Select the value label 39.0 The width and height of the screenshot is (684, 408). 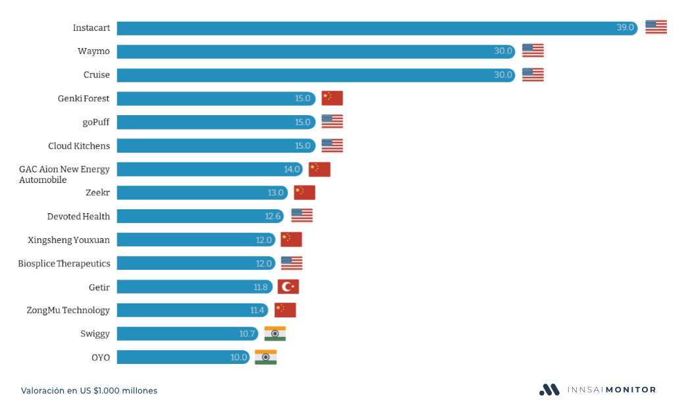(625, 28)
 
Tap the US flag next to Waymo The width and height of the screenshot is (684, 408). (533, 51)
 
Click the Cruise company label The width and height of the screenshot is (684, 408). (97, 75)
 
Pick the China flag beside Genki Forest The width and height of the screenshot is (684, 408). (332, 98)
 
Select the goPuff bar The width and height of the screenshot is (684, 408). (210, 122)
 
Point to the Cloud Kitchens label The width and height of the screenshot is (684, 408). (79, 145)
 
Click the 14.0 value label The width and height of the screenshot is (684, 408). (292, 169)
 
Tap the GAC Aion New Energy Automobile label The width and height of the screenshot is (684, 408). (64, 174)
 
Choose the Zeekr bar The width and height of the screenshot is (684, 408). (197, 193)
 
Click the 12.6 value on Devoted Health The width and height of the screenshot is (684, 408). (273, 217)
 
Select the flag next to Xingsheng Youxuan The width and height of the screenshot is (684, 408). (291, 240)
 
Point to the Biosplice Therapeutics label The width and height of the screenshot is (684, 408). (64, 263)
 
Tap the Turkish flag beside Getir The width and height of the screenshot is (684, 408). (288, 287)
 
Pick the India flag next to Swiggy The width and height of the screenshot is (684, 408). (275, 334)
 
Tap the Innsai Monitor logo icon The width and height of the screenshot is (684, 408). (549, 390)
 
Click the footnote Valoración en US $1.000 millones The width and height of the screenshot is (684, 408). (89, 391)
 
